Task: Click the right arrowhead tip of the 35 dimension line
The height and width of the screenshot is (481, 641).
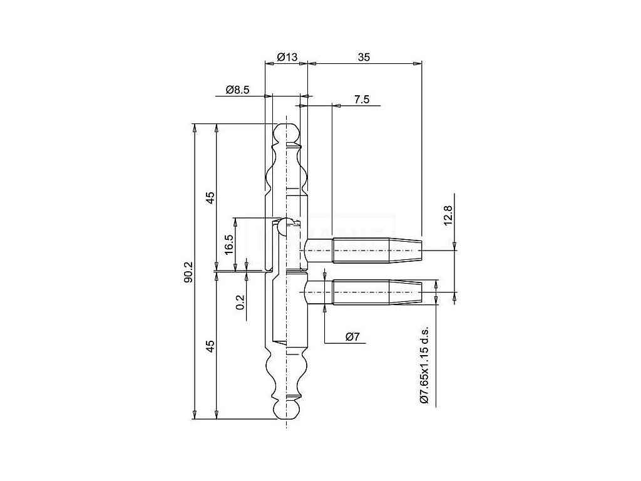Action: tap(421, 63)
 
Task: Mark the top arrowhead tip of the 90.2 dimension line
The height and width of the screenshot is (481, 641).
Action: tap(195, 123)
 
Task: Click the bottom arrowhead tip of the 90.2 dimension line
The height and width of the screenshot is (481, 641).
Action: tap(195, 419)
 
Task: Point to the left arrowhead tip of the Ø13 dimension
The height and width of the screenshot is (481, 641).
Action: tap(265, 63)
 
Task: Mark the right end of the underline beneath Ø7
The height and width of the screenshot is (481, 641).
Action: tap(366, 343)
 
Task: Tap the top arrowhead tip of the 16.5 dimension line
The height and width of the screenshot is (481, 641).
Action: tap(235, 217)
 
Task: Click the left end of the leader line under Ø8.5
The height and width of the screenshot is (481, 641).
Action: tap(215, 96)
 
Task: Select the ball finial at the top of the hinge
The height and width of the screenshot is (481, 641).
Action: tap(287, 134)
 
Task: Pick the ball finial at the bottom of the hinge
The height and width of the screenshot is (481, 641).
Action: tap(287, 408)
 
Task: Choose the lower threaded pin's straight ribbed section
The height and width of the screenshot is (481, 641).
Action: tap(361, 292)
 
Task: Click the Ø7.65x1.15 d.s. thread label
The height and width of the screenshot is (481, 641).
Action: tap(424, 365)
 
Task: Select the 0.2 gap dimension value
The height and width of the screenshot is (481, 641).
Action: tap(240, 303)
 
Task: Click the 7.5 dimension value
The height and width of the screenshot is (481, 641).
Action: tap(362, 100)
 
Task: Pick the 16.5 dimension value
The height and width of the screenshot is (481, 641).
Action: tap(229, 244)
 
